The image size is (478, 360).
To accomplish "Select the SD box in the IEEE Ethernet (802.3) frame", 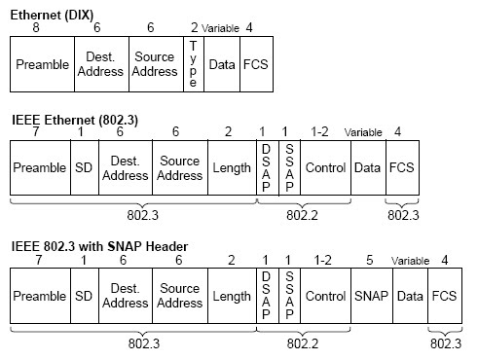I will (x=84, y=167).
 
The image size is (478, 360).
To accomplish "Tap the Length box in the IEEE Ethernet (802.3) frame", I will (x=232, y=167).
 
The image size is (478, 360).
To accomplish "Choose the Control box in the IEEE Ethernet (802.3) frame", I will (x=325, y=167).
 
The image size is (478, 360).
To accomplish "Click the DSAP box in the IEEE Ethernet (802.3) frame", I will (x=266, y=167).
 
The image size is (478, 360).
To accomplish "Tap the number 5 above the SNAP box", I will (x=369, y=260).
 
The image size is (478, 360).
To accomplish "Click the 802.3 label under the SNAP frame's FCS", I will (x=446, y=343).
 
